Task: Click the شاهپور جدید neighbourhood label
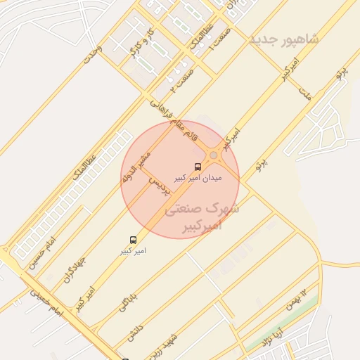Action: [x=283, y=39]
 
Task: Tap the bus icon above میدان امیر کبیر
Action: [x=198, y=167]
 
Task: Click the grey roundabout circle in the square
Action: [x=213, y=155]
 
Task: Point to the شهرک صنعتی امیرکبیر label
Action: [x=202, y=217]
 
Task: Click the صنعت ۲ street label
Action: [x=182, y=82]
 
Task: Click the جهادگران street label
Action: [x=74, y=268]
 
